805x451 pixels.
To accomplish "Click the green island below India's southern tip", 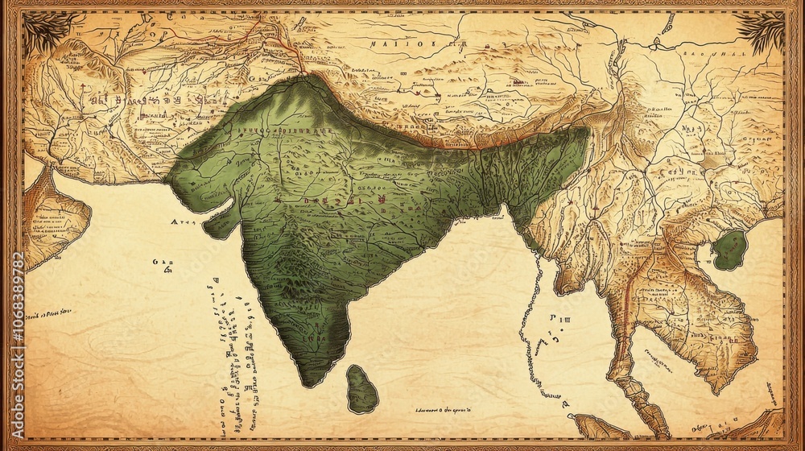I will (362, 389).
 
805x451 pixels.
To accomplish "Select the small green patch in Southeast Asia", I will (730, 250).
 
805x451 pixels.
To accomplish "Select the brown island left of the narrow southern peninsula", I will (596, 425).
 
